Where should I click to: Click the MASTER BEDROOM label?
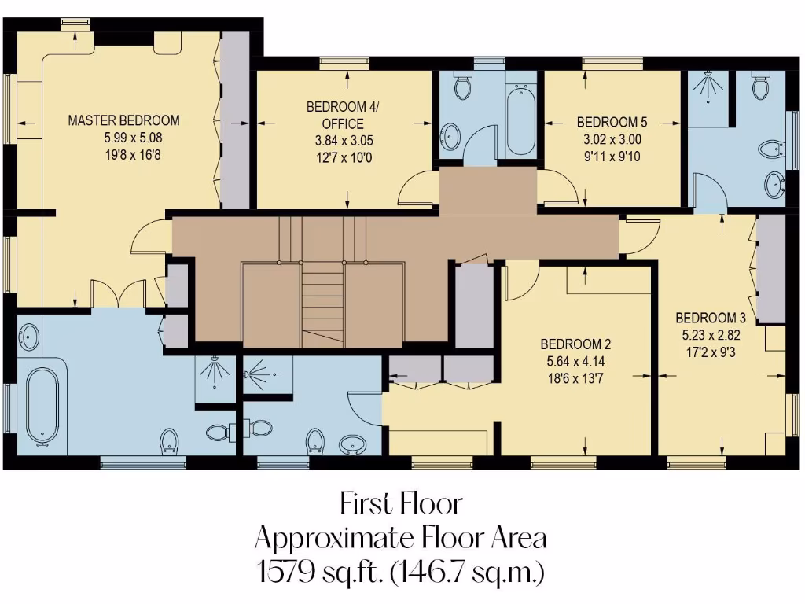click(123, 120)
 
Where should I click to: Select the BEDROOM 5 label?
click(612, 122)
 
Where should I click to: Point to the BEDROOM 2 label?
click(575, 344)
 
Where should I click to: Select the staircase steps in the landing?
click(323, 303)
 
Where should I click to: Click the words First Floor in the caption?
click(401, 502)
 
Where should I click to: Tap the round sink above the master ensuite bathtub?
click(29, 337)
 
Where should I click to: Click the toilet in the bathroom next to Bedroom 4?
click(461, 87)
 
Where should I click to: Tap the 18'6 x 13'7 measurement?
click(575, 377)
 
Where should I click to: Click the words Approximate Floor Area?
click(401, 538)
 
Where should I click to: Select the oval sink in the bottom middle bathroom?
click(351, 446)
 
